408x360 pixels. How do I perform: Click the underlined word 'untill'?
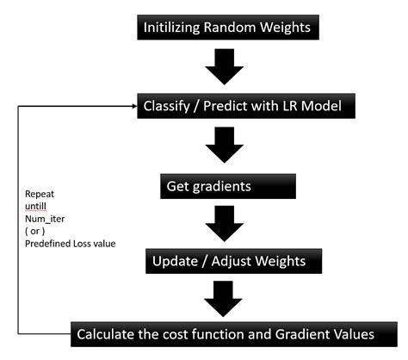[x=34, y=207]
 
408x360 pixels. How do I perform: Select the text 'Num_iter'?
[x=40, y=219]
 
